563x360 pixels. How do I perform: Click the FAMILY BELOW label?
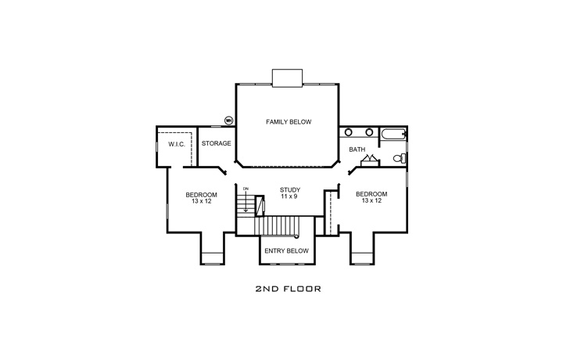289,122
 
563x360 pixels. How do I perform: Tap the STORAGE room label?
216,144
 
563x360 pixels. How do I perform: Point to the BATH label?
357,149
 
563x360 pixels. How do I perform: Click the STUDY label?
289,189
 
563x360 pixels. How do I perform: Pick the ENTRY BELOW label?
286,251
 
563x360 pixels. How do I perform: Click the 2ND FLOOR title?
289,289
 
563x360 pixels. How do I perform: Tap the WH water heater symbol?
229,121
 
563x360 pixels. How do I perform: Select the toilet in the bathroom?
398,159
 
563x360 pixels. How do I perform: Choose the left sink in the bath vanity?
349,132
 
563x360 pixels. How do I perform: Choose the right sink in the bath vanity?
366,132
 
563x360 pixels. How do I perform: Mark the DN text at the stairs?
246,189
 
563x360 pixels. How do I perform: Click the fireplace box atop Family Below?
287,76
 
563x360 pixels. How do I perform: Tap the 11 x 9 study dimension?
289,196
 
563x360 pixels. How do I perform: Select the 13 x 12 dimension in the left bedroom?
201,201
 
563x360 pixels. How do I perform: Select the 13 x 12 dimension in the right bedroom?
371,201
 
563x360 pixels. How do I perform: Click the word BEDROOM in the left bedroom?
201,194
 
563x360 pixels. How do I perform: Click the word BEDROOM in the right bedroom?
371,194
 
